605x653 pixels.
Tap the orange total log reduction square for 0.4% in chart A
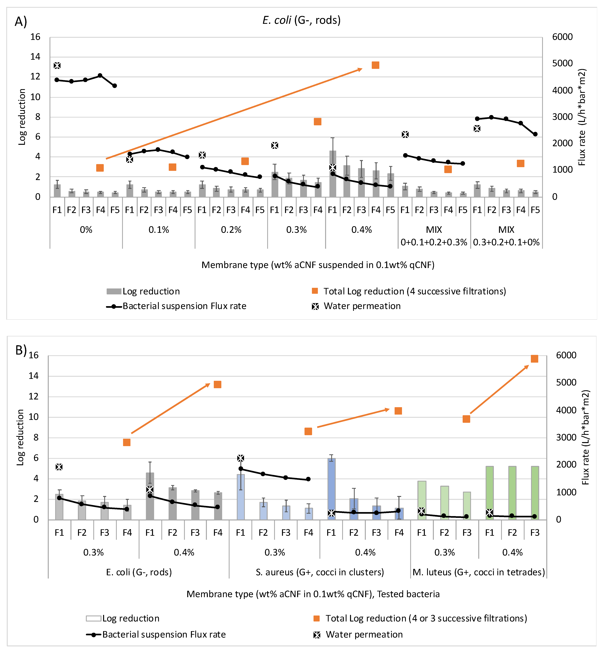tap(375, 65)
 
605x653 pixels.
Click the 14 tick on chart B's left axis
tap(33, 376)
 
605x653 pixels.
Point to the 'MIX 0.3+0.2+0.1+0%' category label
tap(506, 236)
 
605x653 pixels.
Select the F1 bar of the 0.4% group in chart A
tap(333, 174)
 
